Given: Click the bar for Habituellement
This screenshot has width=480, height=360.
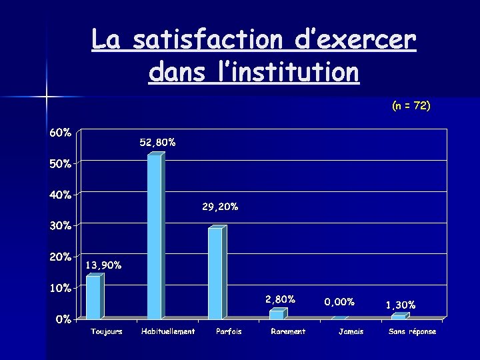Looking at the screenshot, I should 155,237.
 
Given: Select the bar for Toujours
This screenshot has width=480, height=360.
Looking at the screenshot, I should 93,297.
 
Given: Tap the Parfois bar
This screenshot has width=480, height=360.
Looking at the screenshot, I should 215,273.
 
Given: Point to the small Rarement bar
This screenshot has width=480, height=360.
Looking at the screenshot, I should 277,314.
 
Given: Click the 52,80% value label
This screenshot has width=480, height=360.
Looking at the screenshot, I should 158,142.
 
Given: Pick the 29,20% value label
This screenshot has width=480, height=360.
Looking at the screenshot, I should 220,207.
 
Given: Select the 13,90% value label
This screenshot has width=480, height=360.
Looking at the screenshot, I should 104,265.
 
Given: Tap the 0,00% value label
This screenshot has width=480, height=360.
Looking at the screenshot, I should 339,302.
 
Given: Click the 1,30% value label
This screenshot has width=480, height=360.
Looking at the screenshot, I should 401,305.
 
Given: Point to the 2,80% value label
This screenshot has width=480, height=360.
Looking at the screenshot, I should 280,299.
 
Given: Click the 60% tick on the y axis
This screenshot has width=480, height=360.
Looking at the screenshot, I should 60,132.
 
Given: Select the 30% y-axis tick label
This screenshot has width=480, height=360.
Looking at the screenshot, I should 60,225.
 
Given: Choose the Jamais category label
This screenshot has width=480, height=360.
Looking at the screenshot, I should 351,331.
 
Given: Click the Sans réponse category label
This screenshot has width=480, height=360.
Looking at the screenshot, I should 413,331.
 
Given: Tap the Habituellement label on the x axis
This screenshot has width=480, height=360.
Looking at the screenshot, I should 168,331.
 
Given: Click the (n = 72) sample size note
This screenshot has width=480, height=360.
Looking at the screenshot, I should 411,105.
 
